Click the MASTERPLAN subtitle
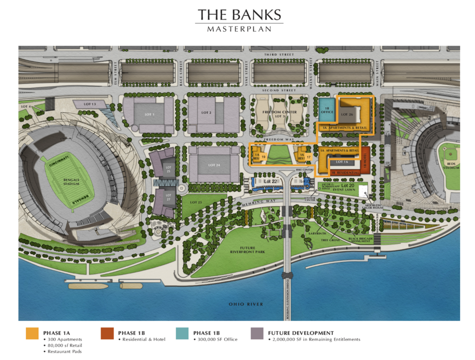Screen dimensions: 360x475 (239, 29)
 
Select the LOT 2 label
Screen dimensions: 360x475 (207, 113)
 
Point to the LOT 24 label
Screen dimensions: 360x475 (214, 165)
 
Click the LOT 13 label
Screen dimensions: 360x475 (90, 104)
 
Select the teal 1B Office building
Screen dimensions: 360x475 (327, 110)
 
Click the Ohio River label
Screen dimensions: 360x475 (246, 304)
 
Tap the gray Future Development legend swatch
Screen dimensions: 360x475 (257, 334)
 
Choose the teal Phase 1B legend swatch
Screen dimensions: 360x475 (182, 334)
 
